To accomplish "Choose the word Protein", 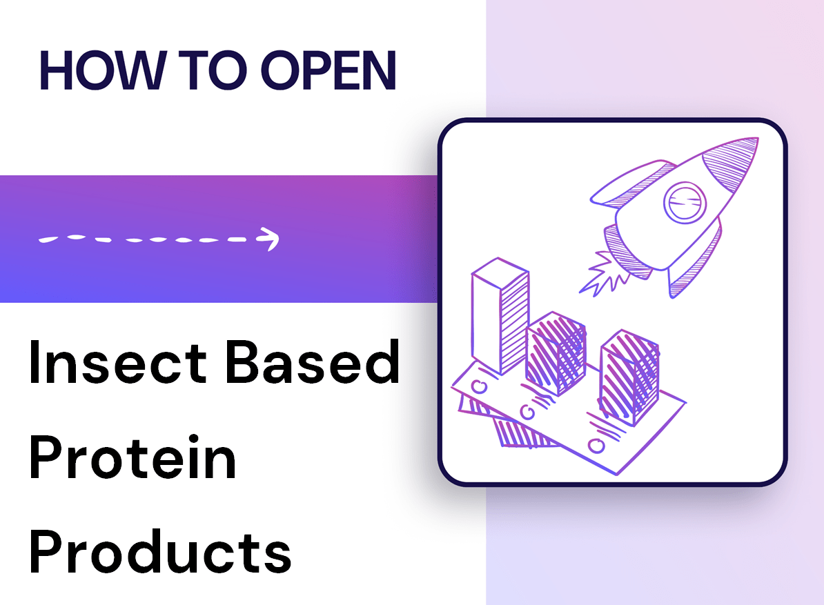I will point(133,460).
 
